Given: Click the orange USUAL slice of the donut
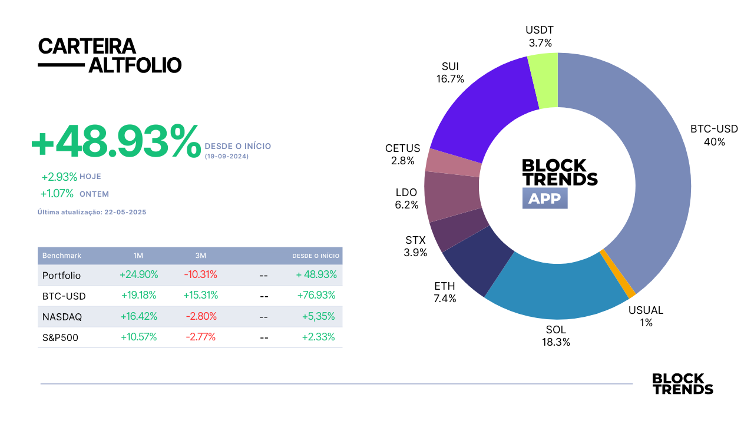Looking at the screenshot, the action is [618, 274].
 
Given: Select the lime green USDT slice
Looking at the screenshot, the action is [545, 81].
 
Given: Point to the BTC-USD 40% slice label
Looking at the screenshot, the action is [714, 135].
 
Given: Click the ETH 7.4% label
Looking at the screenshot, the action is [445, 292].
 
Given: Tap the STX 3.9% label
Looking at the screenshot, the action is [415, 246].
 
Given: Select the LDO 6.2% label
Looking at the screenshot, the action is [406, 198].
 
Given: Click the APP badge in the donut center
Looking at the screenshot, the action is [545, 198].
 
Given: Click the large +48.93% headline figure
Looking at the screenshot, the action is [116, 141].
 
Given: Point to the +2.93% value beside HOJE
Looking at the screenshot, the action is [59, 177].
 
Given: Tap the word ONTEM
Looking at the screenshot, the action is [94, 194].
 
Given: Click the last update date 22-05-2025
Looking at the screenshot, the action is [125, 213].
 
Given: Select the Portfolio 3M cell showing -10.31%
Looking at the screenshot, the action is [201, 274].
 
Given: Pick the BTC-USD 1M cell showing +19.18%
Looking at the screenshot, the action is [138, 296].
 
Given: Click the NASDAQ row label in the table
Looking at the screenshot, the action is [62, 317].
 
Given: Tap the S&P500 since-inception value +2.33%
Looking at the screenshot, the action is [318, 337].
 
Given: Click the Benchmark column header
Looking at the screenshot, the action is [62, 256].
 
